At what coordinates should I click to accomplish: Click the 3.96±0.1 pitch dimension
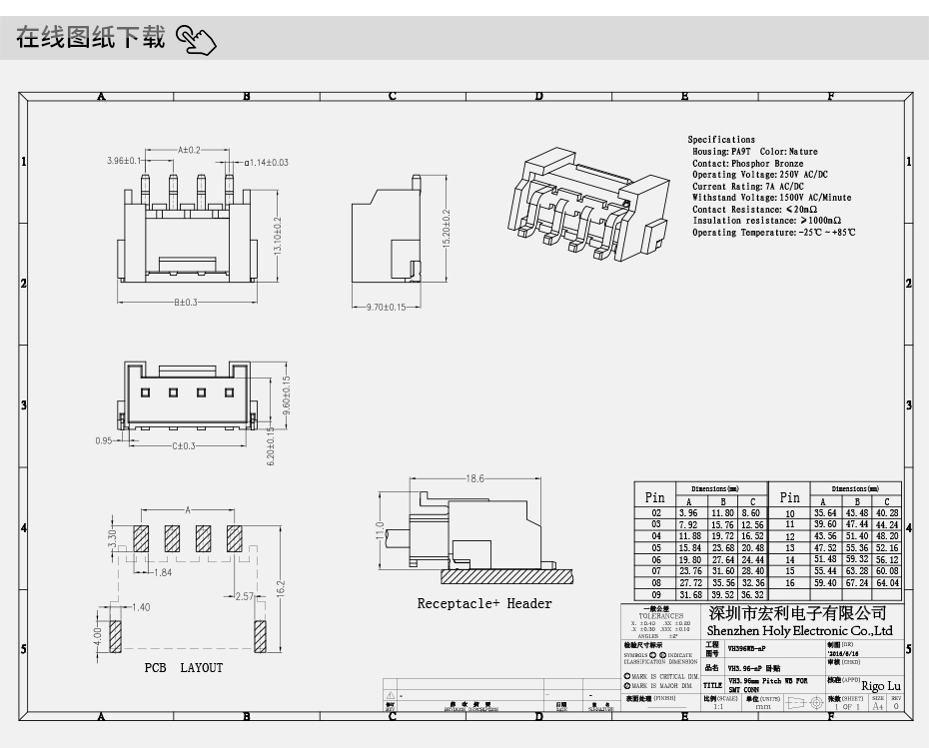point(125,161)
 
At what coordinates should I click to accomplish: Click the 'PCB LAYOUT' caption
point(183,668)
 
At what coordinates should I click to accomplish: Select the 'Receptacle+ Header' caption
point(483,603)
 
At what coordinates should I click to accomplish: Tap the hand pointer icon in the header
point(196,40)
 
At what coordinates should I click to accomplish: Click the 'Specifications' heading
point(721,140)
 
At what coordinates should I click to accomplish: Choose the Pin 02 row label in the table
point(655,512)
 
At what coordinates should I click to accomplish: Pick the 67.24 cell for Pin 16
point(856,582)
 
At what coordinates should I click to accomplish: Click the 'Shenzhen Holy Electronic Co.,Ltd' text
point(799,631)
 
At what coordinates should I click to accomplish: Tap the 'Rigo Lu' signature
point(880,686)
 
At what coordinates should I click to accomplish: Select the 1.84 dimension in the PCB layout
point(163,572)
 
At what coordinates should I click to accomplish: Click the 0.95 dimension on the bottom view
point(103,439)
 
